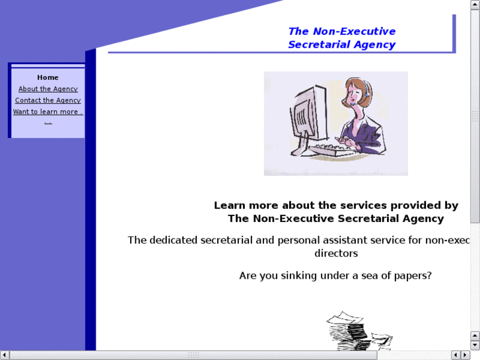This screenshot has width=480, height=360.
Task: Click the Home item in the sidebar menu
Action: coord(48,77)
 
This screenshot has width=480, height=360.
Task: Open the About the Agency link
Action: coord(48,89)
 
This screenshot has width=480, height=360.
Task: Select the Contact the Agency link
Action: coord(48,100)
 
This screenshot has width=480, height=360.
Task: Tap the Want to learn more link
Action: coord(48,112)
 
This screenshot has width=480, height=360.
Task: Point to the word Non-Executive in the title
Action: coord(354,31)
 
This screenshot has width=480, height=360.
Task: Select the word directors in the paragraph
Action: coord(335,253)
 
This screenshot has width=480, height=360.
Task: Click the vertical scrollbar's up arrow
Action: coord(475,5)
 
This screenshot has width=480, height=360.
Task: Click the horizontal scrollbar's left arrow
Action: coord(5,355)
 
